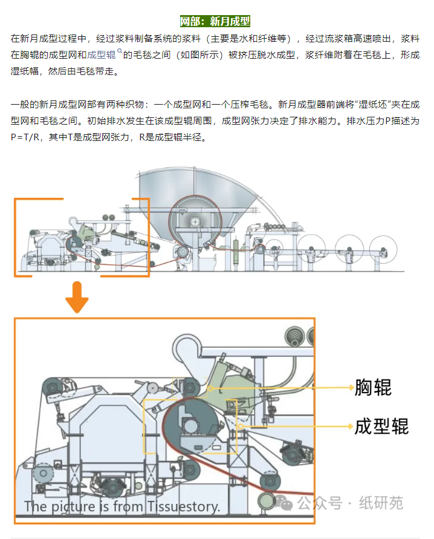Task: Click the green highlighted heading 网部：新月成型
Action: click(x=215, y=22)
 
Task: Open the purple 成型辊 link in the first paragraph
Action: click(x=100, y=54)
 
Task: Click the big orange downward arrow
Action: click(x=78, y=298)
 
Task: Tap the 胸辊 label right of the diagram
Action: click(x=373, y=387)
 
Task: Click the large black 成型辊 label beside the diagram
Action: click(x=381, y=426)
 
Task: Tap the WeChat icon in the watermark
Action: click(x=285, y=502)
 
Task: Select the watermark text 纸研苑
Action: click(x=381, y=503)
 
